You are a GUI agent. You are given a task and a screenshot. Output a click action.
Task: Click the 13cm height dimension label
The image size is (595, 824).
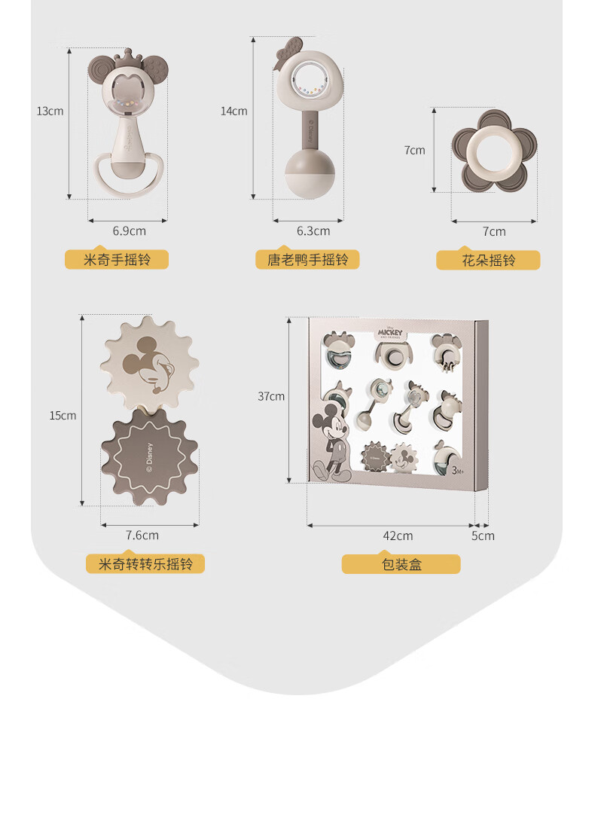(x=50, y=111)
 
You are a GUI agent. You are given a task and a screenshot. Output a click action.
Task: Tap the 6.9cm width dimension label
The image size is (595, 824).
(x=130, y=230)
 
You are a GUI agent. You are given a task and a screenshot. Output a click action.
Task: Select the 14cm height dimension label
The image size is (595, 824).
(x=234, y=111)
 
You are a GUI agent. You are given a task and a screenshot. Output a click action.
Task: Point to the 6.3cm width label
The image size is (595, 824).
(x=313, y=230)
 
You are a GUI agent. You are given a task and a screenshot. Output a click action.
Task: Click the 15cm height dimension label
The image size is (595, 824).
(x=63, y=416)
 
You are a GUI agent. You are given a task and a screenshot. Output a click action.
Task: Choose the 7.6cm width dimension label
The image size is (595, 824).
(x=142, y=535)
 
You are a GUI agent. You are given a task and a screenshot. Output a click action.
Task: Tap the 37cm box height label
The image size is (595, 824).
(x=271, y=396)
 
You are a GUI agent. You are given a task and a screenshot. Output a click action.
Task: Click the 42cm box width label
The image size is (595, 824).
(x=398, y=536)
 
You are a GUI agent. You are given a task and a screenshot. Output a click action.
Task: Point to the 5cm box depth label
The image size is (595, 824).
(x=483, y=536)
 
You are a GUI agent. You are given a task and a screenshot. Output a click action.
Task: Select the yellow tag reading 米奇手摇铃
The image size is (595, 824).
(x=117, y=260)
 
